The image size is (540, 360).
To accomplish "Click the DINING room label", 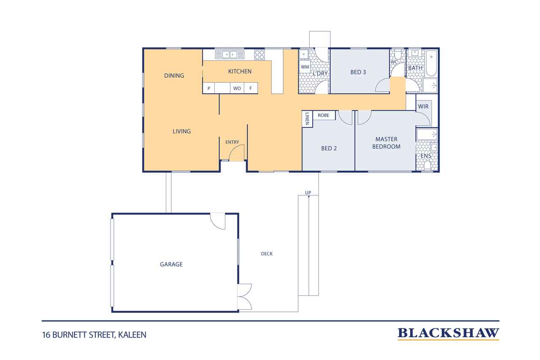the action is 174,76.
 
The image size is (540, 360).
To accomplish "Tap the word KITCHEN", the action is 240,71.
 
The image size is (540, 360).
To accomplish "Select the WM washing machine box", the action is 305,67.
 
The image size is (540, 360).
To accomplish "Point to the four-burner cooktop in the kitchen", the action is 259,55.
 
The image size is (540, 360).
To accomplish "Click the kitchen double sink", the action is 229,54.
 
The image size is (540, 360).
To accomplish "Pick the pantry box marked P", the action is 209,88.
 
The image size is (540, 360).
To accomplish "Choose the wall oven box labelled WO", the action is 237,88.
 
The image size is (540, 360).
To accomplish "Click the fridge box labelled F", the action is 251,88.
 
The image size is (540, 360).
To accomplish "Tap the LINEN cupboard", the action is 307,119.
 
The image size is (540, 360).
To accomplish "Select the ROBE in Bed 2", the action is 324,115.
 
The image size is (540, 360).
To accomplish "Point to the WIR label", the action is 423,106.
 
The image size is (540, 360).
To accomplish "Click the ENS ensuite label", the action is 426,156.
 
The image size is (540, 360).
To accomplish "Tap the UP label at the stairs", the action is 308,192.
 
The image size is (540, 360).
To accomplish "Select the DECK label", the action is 267,254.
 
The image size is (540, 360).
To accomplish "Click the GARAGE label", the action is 171,264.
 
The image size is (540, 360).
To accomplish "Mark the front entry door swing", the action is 237,153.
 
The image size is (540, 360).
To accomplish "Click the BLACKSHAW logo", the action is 448,333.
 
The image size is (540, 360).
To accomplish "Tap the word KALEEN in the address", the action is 132,335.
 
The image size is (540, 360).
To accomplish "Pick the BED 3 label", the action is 358,72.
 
